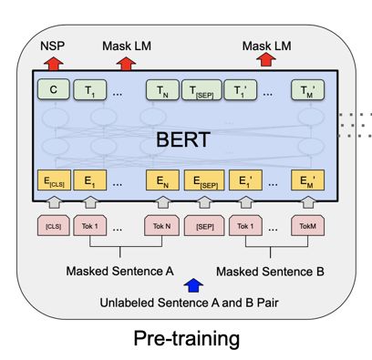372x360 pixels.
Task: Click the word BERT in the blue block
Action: point(182,141)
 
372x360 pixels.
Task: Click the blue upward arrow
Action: point(190,283)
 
